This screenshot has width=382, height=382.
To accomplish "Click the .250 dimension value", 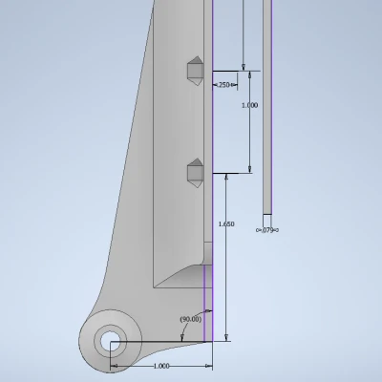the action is (223, 85).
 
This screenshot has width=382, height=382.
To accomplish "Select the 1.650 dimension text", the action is (226, 224).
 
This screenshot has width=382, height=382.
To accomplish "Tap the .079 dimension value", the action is (267, 230).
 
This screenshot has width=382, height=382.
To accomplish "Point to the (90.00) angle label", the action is (191, 319).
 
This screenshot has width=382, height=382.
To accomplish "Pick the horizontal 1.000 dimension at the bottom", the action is (161, 366).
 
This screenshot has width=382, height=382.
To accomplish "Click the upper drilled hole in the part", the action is (196, 71).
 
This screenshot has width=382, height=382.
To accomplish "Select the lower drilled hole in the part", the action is (196, 173).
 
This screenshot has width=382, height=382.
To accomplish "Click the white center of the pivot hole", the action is (110, 341).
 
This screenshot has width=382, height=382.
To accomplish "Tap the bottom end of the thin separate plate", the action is (267, 214).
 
